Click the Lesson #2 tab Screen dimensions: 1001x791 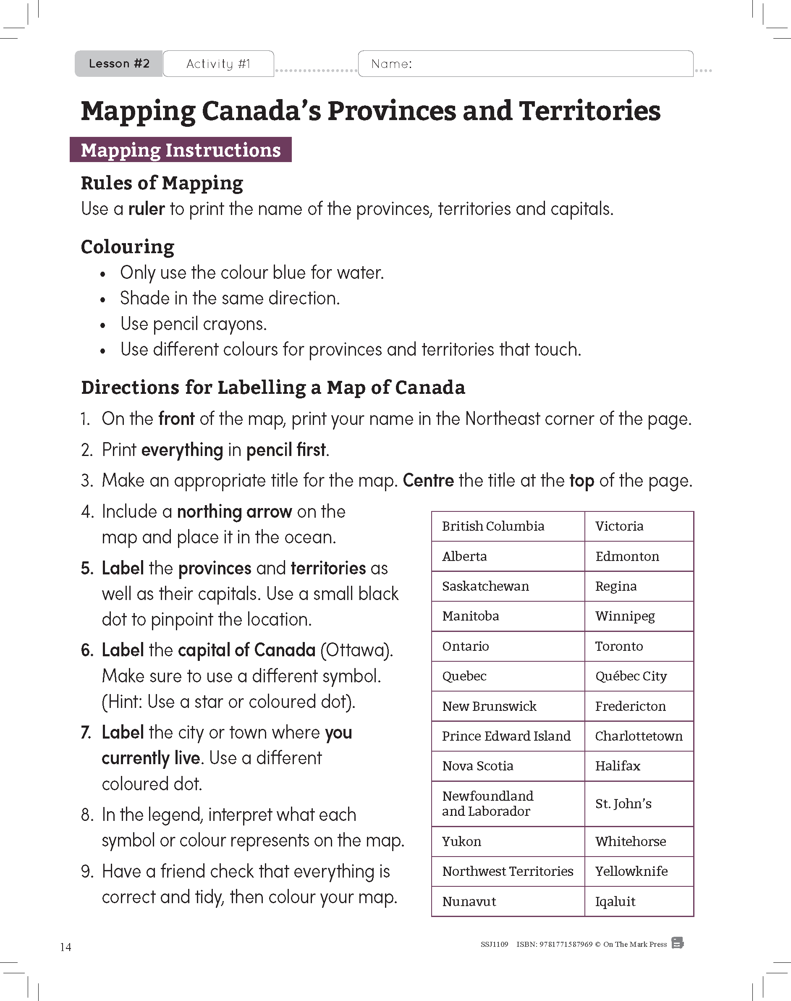[119, 63]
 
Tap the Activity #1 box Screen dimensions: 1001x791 [218, 63]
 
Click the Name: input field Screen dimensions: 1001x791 [526, 63]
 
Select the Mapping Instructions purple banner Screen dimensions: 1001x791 [181, 150]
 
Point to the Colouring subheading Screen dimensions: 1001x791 [127, 246]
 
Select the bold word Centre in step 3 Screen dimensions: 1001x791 [428, 480]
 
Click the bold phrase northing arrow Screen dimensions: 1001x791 [234, 511]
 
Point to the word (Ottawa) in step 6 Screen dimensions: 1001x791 [356, 650]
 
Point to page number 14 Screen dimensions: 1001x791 [66, 947]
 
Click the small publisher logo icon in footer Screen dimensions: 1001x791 [678, 943]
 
